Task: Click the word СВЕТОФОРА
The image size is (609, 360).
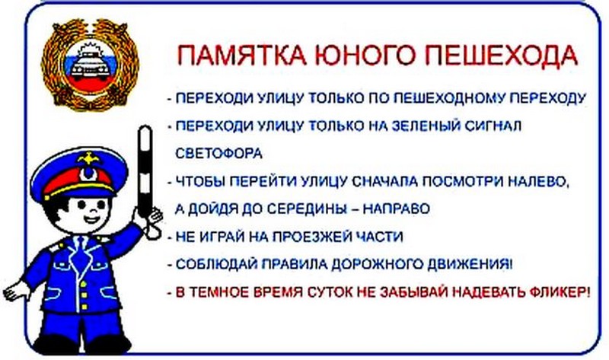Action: [x=219, y=153]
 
